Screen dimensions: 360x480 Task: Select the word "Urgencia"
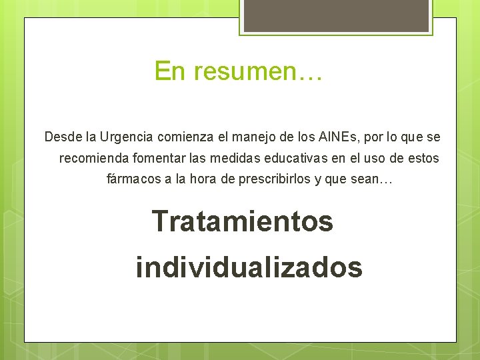pyautogui.click(x=127, y=137)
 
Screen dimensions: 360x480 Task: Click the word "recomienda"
pyautogui.click(x=93, y=159)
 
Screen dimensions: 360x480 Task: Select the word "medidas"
pyautogui.click(x=235, y=159)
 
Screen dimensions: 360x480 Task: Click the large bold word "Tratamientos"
pyautogui.click(x=243, y=221)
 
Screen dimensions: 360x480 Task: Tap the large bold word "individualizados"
pyautogui.click(x=249, y=267)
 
